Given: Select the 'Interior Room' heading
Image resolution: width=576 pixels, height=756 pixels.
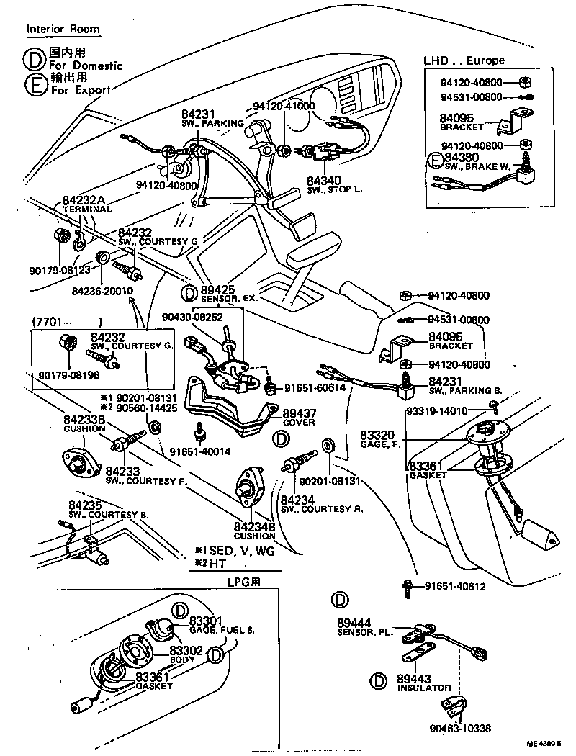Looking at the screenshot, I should [x=63, y=30].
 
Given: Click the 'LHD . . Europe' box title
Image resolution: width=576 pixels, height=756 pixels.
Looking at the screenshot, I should [x=465, y=60].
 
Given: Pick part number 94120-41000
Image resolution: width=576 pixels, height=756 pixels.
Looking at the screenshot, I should [x=284, y=106].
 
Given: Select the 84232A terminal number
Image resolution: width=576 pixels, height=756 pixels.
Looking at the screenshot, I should [x=84, y=199].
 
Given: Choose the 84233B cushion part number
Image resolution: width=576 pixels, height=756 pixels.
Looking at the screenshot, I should [x=85, y=419].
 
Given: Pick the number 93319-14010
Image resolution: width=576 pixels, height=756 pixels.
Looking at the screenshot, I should [x=458, y=410].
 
